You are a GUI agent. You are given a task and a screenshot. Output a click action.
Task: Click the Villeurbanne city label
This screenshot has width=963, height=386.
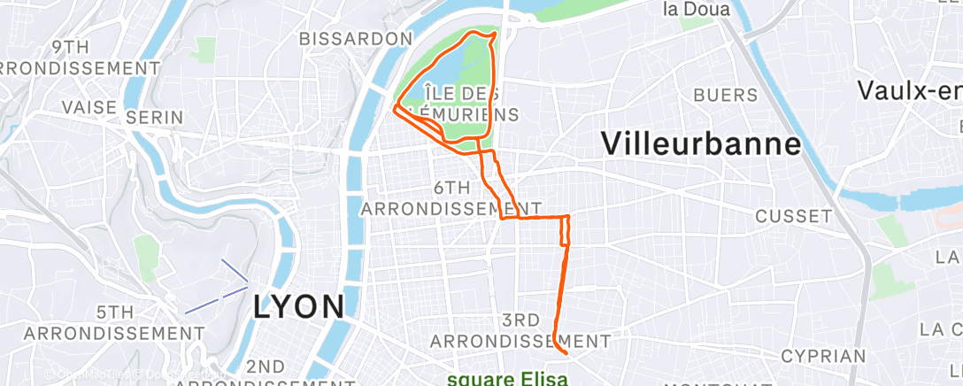(x=700, y=144)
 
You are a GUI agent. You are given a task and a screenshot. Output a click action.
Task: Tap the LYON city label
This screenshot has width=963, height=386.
(x=298, y=306)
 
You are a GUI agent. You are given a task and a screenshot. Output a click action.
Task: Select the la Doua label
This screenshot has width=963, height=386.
(x=697, y=10)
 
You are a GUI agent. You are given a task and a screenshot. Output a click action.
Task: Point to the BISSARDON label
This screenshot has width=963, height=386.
(x=356, y=39)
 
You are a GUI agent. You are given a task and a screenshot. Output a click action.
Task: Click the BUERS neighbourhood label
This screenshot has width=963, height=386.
(x=726, y=95)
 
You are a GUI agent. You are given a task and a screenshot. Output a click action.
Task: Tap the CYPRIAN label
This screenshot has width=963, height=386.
(x=822, y=356)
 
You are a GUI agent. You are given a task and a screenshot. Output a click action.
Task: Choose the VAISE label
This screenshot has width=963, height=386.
(x=89, y=107)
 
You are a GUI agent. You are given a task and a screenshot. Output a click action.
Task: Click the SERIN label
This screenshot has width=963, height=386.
(x=154, y=117)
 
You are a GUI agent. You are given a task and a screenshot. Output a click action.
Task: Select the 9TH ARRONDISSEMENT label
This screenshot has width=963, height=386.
(x=80, y=58)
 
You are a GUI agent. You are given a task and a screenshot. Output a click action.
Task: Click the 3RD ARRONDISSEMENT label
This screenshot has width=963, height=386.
(x=521, y=329)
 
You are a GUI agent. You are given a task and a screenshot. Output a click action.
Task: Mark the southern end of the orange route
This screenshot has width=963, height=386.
(x=564, y=351)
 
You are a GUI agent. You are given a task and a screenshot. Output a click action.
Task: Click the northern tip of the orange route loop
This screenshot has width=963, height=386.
(x=492, y=33)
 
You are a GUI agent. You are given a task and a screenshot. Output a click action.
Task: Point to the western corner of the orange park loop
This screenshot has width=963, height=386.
(x=394, y=109)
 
